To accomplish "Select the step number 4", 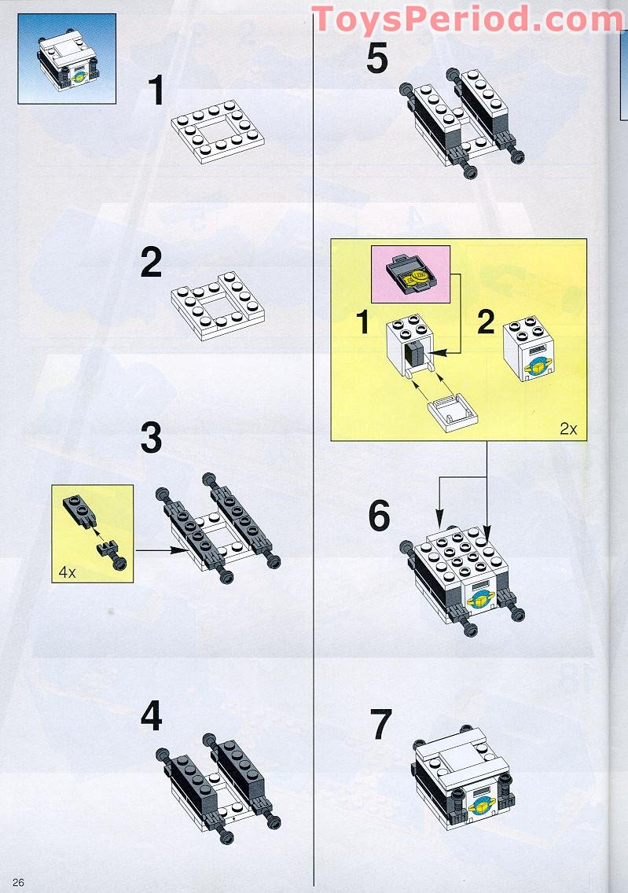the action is pos(151,715).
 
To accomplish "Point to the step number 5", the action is pos(377,58).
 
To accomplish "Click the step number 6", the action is pos(379,516).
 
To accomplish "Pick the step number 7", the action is pos(381,724).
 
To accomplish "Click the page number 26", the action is pos(18,882).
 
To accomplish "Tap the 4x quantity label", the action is pos(67,572).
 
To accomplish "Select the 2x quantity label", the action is pos(568,429).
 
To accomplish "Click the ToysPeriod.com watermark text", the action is pos(468,19).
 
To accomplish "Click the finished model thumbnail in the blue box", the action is pos(67,59).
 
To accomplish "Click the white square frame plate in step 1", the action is pos(218,131).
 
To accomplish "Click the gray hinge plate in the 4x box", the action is pos(79,510).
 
